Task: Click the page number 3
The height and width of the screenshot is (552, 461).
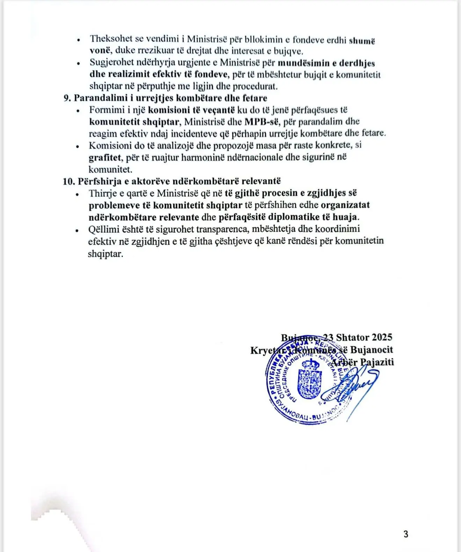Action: click(x=405, y=534)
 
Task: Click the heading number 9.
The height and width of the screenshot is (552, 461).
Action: click(x=67, y=98)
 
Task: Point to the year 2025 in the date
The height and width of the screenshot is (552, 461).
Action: click(x=382, y=337)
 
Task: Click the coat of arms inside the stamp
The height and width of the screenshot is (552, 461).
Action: click(x=309, y=382)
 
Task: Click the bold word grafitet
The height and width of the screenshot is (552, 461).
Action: click(x=104, y=158)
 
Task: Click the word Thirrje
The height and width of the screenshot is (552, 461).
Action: click(x=104, y=193)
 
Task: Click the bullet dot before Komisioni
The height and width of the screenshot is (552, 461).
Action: click(x=78, y=146)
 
